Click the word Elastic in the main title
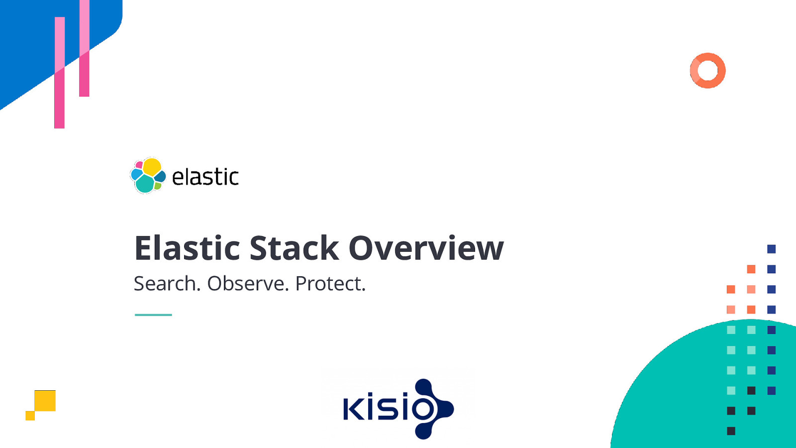187,248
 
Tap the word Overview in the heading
426,248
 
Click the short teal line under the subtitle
153,315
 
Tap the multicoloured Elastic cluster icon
147,176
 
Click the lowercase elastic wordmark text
205,177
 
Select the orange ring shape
707,60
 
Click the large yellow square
45,401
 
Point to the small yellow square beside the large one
30,416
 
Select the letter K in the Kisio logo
355,408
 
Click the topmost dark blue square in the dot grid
771,249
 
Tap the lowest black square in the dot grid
731,431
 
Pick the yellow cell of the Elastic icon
152,167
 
